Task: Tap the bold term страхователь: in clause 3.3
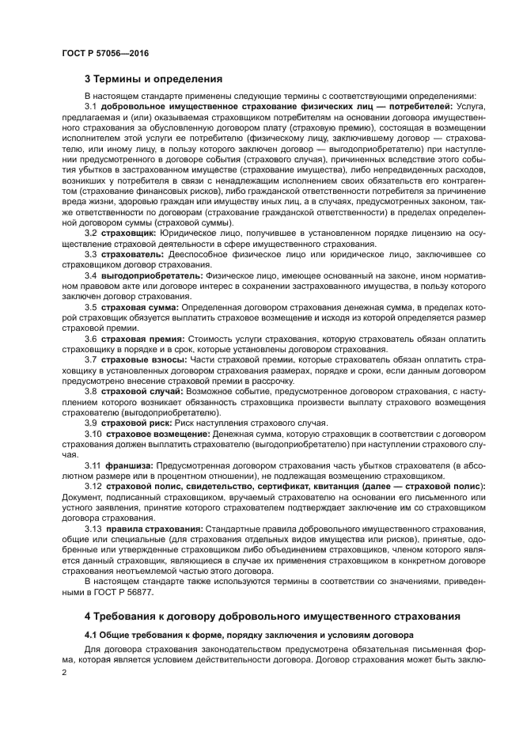(x=132, y=256)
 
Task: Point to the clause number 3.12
(x=93, y=485)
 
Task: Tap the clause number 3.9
(x=90, y=422)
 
